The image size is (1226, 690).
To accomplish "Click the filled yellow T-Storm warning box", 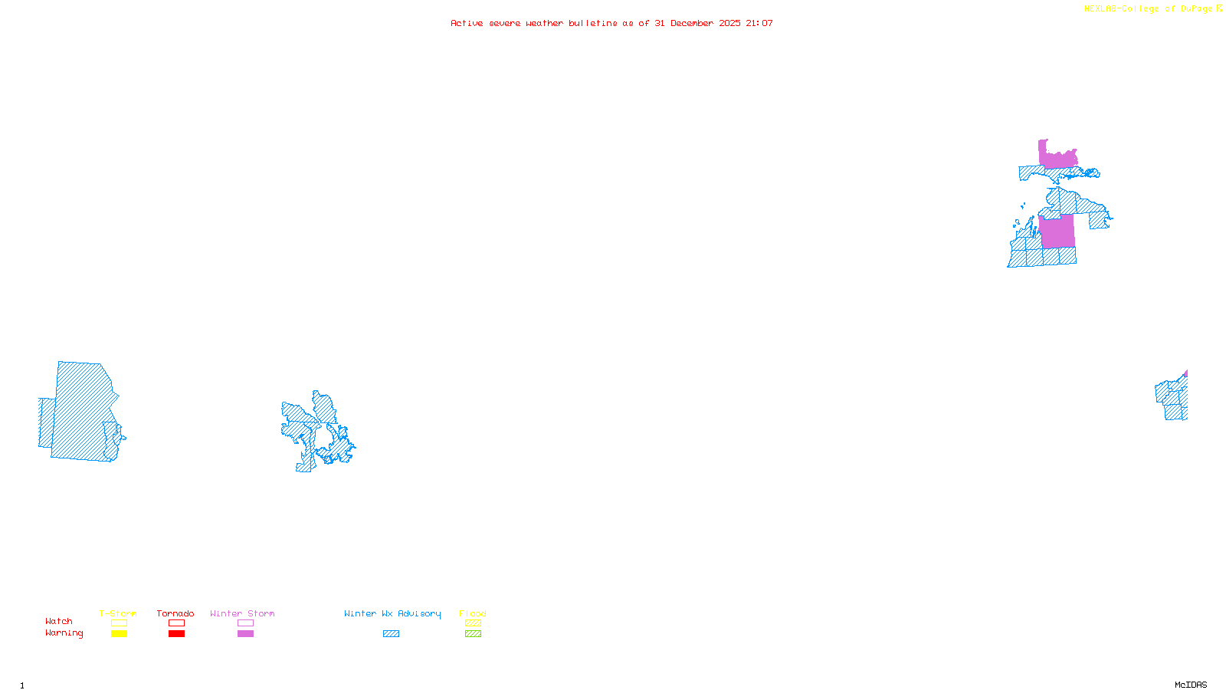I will (119, 634).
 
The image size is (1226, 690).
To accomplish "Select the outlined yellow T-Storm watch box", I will (119, 623).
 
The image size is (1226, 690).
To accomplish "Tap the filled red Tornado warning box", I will (176, 634).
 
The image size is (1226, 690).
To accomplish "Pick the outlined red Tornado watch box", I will (176, 623).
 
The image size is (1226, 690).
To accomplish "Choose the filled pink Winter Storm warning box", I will (245, 634).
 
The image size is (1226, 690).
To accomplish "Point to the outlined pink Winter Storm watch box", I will (245, 623).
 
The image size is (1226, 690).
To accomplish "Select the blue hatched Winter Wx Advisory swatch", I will (391, 634).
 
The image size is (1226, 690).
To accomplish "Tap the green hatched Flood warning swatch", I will (473, 634).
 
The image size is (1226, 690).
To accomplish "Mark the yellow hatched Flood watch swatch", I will (473, 623).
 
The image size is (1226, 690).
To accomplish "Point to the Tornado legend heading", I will (175, 613).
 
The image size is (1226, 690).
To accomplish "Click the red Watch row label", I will (59, 621).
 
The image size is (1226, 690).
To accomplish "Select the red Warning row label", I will (64, 633).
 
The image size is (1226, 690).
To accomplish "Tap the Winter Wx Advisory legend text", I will (392, 613).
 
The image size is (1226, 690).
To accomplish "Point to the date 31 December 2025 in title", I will (697, 23).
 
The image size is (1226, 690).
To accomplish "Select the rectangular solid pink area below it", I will (1057, 232).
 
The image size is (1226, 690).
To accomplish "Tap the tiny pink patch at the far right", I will (1185, 374).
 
